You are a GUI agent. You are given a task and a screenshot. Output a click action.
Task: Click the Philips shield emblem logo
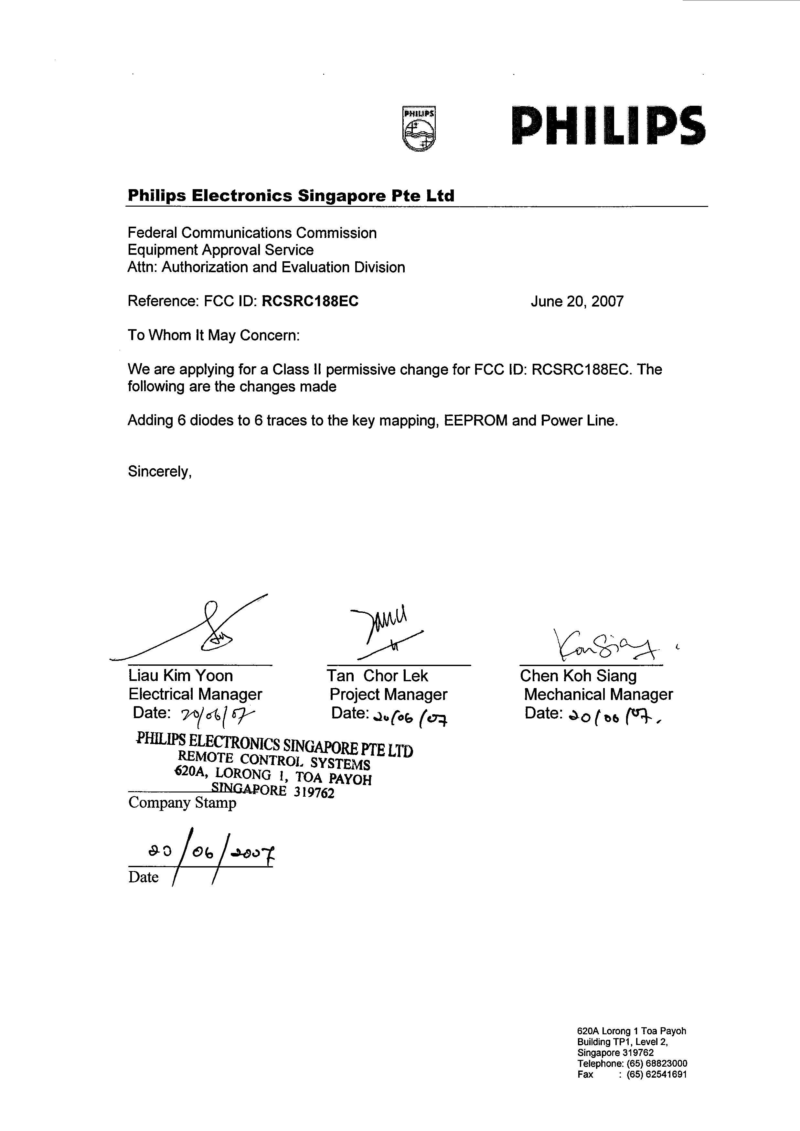tap(419, 128)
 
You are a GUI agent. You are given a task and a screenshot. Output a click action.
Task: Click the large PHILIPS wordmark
tap(608, 126)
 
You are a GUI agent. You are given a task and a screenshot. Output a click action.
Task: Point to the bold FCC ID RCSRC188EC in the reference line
tap(310, 301)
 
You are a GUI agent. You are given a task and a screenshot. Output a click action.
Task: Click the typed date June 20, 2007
tap(577, 301)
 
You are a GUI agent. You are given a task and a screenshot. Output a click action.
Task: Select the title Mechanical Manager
tap(598, 695)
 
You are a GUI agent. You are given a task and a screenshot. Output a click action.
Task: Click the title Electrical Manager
tap(196, 695)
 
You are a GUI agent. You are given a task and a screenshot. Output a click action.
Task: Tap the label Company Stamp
tap(182, 803)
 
